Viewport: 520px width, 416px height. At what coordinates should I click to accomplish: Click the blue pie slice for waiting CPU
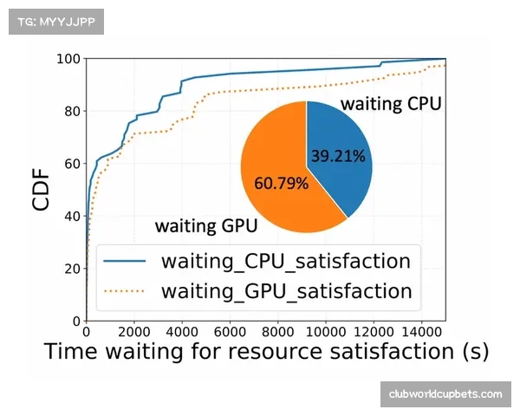(x=341, y=147)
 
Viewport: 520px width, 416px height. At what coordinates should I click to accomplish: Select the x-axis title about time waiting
(x=266, y=352)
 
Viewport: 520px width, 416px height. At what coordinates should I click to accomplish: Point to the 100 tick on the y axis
(x=69, y=59)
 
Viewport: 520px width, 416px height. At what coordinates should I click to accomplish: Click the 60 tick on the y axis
(x=73, y=164)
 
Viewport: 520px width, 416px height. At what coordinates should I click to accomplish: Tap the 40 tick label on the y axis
(x=73, y=216)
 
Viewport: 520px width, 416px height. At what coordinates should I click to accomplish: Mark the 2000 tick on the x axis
(x=133, y=330)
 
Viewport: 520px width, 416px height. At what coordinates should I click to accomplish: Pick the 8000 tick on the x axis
(x=277, y=330)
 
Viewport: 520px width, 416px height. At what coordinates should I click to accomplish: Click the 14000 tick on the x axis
(x=422, y=330)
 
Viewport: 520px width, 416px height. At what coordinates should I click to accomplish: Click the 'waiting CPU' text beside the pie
(x=391, y=105)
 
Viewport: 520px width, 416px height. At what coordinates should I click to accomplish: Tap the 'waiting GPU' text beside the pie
(x=205, y=227)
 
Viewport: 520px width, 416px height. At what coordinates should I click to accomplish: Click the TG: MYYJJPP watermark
(x=55, y=21)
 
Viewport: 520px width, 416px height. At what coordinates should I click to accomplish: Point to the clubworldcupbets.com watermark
(x=445, y=394)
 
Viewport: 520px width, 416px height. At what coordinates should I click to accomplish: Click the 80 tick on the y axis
(x=73, y=111)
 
